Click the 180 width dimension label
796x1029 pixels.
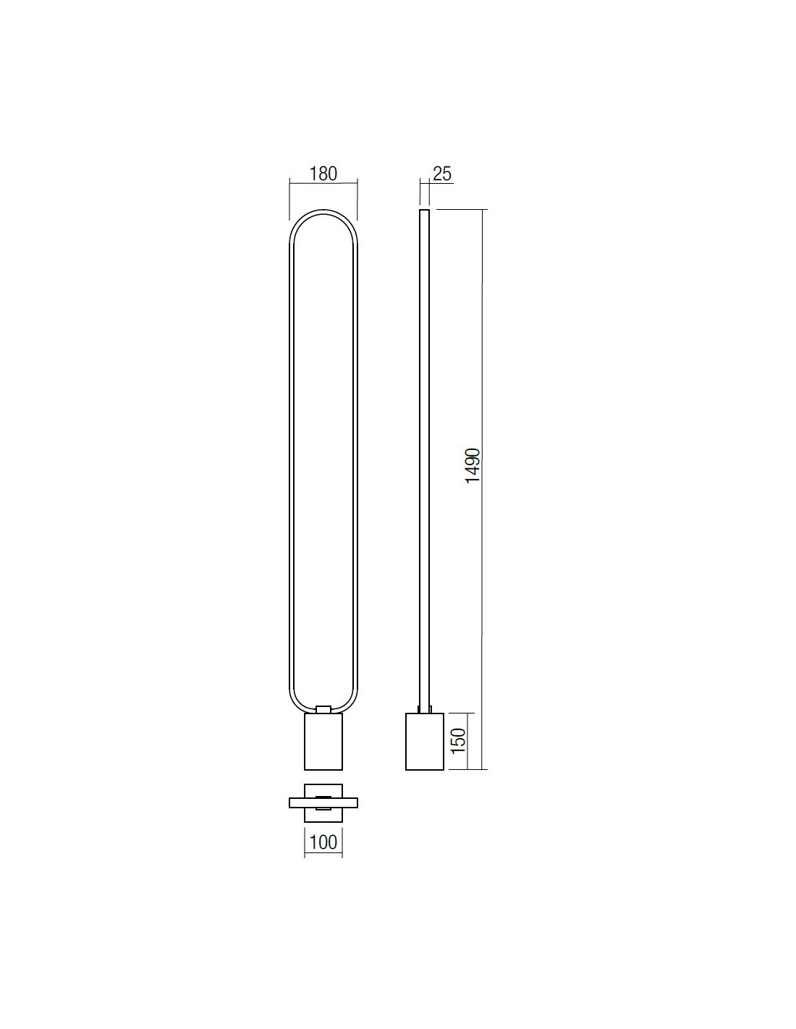click(323, 174)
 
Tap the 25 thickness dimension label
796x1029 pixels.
click(442, 174)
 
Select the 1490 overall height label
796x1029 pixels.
click(473, 465)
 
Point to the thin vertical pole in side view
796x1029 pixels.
click(424, 464)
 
